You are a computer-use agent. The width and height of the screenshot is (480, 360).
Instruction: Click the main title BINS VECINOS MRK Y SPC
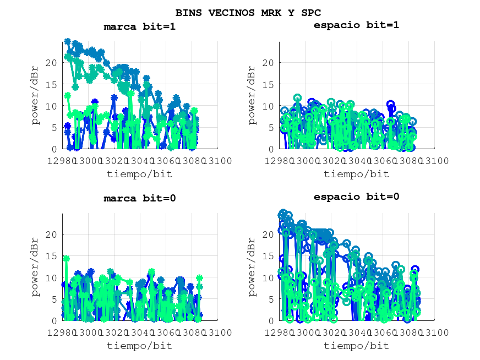coord(248,12)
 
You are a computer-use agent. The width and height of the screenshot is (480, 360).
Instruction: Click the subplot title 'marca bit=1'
coord(140,26)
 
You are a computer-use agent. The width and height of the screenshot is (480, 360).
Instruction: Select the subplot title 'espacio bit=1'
coord(356,25)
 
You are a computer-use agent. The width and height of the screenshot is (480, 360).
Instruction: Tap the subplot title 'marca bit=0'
coord(140,198)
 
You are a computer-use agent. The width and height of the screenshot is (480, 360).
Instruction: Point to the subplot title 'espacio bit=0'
coord(356,197)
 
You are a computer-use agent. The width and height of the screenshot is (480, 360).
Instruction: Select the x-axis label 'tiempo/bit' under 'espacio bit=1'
coord(356,174)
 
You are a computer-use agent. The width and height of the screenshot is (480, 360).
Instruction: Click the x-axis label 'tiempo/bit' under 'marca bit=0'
coord(139,346)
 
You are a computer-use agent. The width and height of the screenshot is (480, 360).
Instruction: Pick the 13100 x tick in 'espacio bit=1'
coord(434,161)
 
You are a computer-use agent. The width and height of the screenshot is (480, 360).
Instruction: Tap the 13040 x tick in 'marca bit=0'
coord(140,332)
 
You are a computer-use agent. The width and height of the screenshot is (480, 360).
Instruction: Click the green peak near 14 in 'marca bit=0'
coord(66,258)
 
